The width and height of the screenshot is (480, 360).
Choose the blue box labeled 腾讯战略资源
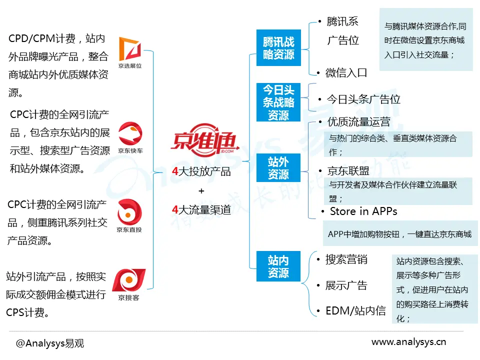tap(278, 48)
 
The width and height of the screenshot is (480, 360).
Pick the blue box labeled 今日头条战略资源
tap(278, 102)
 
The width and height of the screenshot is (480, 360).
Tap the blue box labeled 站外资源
tap(278, 167)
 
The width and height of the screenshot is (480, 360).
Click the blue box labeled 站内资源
tap(278, 266)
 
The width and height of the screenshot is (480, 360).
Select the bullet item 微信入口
tap(346, 73)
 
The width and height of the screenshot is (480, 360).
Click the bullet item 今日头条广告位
tap(363, 99)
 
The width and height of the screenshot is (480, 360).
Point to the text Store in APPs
tap(363, 211)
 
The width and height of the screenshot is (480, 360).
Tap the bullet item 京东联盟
tap(348, 171)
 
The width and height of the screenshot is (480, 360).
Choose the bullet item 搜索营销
tap(346, 259)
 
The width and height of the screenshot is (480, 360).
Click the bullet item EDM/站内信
tap(355, 311)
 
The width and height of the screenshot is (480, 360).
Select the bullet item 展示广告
tap(346, 285)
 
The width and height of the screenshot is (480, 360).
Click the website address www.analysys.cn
tap(408, 342)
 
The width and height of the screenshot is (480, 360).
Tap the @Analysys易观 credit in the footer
tap(50, 343)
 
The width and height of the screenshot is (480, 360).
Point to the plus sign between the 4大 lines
tap(201, 191)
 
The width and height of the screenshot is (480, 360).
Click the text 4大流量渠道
tap(201, 210)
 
